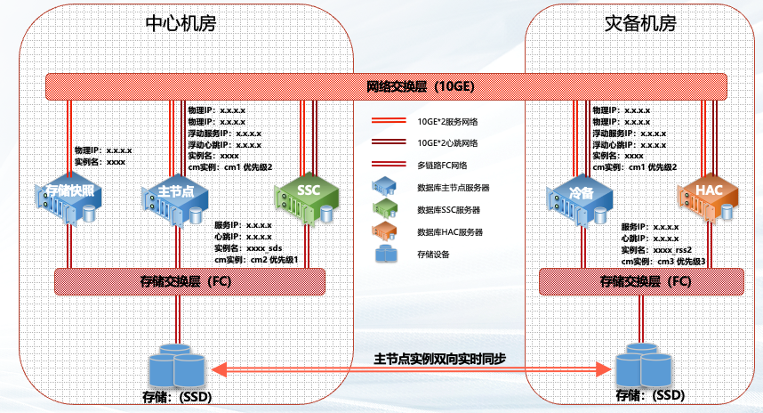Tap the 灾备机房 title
639,23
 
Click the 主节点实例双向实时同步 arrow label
440,358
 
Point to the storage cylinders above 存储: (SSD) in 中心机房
175,365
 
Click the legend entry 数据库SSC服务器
448,210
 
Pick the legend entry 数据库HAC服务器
449,232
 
